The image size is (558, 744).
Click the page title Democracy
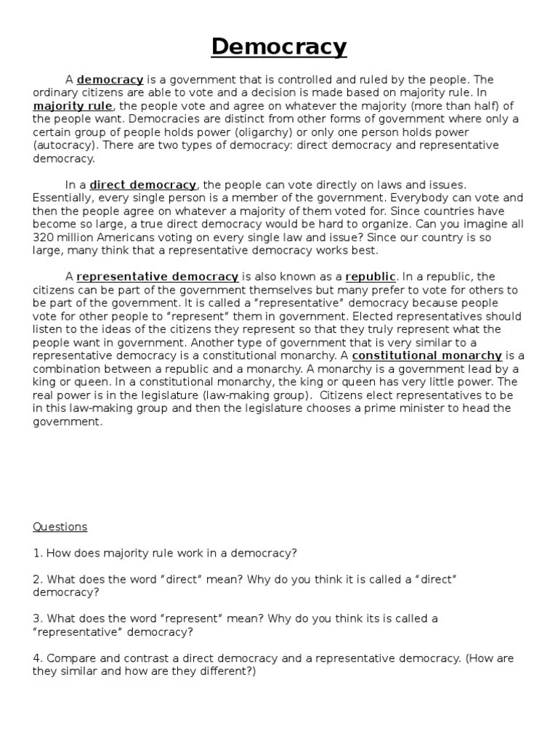coord(279,46)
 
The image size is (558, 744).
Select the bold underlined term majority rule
coord(73,106)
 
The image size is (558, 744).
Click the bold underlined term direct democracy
coord(142,185)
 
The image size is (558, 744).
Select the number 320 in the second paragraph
coord(43,237)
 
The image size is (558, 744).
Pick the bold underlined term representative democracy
coord(158,276)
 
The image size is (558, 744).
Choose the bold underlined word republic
coord(371,276)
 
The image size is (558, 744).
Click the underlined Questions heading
coord(60,527)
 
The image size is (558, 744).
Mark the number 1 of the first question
coord(36,553)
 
